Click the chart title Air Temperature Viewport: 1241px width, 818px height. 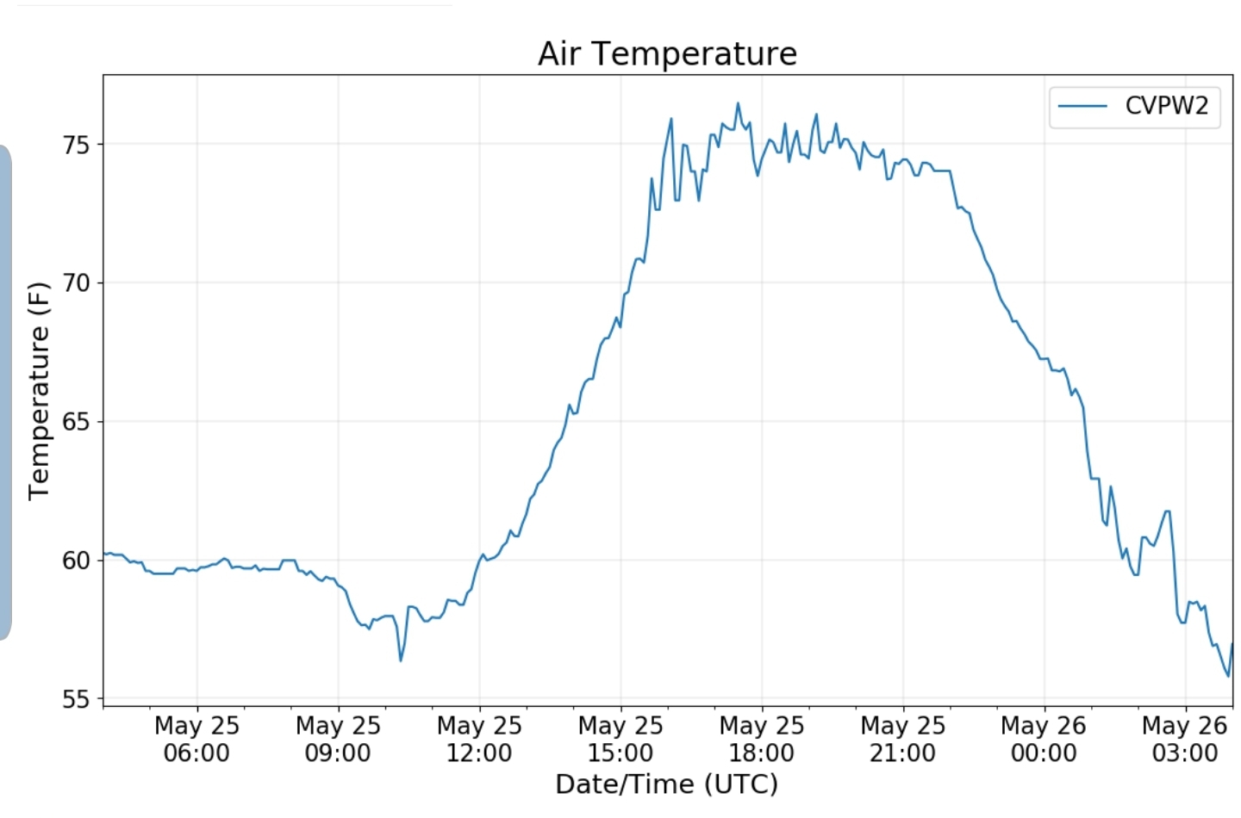click(667, 53)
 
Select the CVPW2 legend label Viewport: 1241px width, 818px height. click(1166, 106)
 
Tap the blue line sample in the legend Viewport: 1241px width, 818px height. click(1082, 106)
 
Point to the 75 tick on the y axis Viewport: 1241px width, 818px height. click(76, 145)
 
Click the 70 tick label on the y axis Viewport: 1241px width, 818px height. click(76, 283)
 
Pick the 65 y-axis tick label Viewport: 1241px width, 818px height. click(76, 422)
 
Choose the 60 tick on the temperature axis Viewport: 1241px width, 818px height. click(76, 561)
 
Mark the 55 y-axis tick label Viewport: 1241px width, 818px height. click(76, 699)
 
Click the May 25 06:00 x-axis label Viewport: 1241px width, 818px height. click(196, 739)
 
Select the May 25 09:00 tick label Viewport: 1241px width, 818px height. click(338, 739)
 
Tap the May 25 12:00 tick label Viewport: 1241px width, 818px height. click(479, 739)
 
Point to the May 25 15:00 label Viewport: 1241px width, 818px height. click(620, 739)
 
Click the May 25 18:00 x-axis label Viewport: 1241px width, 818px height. click(762, 739)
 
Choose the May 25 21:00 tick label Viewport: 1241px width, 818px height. click(903, 739)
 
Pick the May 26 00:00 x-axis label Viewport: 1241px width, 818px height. click(1044, 739)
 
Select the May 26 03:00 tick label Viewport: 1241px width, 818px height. click(1184, 739)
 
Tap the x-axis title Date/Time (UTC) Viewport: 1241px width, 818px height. click(666, 784)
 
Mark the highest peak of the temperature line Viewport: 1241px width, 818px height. click(738, 104)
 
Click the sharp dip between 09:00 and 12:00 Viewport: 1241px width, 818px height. click(401, 660)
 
